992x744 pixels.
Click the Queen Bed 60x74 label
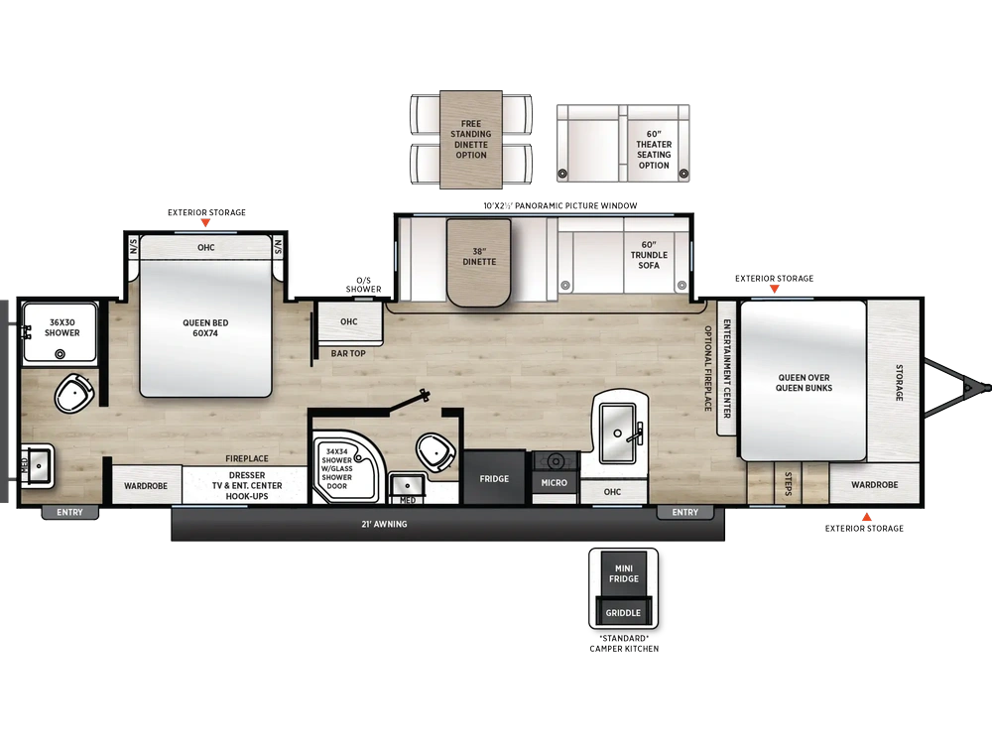205,327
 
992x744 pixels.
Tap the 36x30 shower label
62,327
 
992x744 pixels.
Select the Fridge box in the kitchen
494,478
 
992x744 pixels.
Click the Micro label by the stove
555,483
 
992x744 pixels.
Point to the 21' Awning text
384,524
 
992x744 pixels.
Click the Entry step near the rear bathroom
69,513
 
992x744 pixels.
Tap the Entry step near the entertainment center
685,513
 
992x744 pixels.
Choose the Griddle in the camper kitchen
623,612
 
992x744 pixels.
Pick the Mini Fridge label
624,573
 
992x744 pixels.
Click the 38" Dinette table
479,262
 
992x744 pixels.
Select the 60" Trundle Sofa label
649,255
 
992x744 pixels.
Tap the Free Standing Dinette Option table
471,139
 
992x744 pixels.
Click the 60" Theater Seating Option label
654,150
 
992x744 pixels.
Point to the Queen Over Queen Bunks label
805,383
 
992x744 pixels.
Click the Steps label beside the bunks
789,484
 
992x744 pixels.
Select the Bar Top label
348,354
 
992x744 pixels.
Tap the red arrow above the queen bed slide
205,222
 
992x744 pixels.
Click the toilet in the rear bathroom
74,393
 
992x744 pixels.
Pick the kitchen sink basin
617,433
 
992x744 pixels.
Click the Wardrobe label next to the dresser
146,486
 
